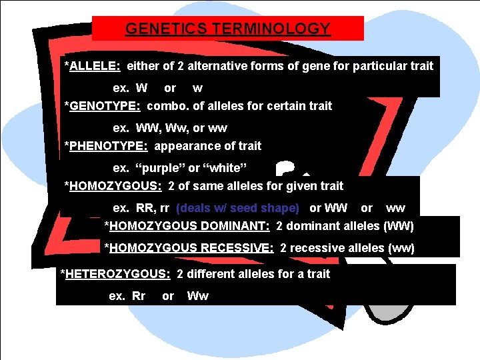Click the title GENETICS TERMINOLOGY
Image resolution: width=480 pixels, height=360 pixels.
tap(227, 29)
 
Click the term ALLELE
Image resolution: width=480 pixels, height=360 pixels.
tap(93, 66)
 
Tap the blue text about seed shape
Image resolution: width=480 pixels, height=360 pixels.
tap(238, 208)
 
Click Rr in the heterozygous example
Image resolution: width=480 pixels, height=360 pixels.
tap(138, 296)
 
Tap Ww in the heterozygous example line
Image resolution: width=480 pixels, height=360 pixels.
tap(197, 296)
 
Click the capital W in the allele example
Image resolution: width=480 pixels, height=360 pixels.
tap(141, 88)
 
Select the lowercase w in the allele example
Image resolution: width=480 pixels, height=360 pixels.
tap(197, 88)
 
